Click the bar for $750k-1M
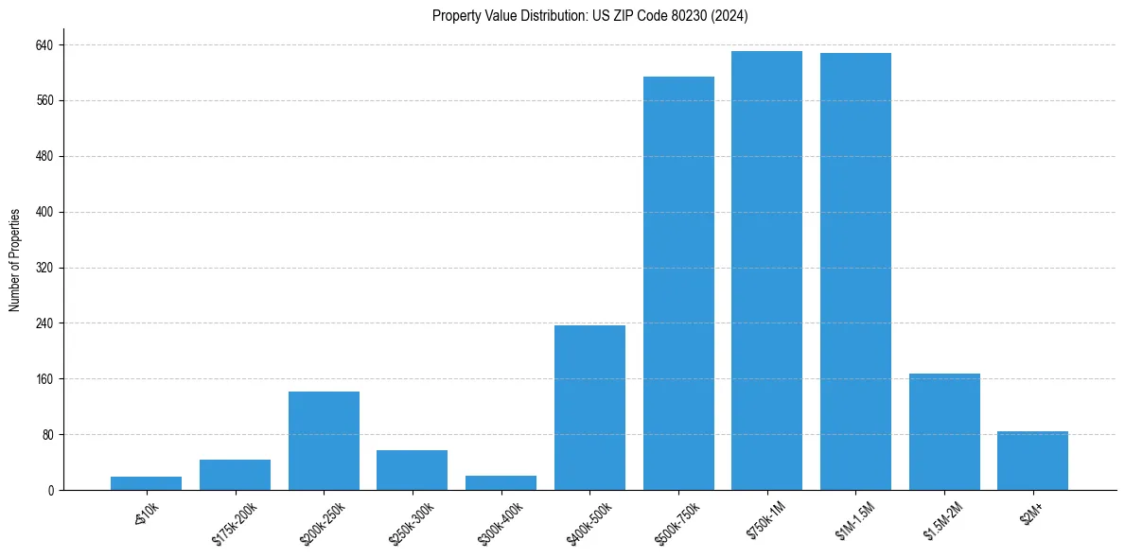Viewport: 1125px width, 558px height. tap(766, 270)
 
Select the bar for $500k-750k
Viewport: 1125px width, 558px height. tap(678, 284)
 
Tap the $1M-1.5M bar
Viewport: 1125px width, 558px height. tap(855, 271)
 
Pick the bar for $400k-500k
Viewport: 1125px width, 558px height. tap(589, 408)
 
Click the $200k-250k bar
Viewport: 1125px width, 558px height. tap(324, 441)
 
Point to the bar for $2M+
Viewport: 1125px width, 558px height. tap(1032, 461)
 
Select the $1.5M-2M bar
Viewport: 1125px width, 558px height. tap(944, 432)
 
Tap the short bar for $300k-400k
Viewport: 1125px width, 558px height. tap(501, 482)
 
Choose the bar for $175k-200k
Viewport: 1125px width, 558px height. tap(235, 475)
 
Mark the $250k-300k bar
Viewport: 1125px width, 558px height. tap(412, 470)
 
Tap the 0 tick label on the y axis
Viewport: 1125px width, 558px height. tap(51, 491)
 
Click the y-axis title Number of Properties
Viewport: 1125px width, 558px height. tap(15, 259)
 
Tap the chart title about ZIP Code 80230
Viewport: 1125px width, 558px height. tap(590, 15)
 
